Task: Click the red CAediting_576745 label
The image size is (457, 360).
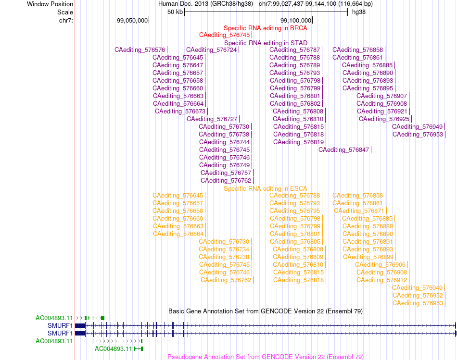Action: point(225,35)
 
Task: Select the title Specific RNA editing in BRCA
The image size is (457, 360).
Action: point(265,28)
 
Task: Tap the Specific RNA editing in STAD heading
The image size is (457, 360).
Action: point(266,43)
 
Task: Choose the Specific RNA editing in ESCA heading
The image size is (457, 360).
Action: point(265,188)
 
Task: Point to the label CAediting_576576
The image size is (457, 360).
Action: point(140,50)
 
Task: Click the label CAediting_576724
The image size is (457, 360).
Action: point(211,50)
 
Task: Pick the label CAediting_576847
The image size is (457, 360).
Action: point(343,149)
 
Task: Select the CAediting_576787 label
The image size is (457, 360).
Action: point(295,50)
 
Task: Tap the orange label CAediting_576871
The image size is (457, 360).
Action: point(359,211)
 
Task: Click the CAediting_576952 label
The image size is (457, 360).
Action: point(418,295)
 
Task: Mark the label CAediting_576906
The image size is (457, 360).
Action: point(380,264)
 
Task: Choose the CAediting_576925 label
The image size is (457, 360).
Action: point(384,119)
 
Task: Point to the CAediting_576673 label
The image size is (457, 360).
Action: point(180,111)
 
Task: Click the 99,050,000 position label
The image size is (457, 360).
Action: point(132,20)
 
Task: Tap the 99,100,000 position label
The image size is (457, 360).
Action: point(296,20)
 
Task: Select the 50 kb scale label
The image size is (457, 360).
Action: point(175,12)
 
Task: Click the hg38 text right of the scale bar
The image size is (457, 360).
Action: point(359,12)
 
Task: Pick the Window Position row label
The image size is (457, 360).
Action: point(50,4)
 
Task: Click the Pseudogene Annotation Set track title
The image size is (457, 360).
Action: point(266,357)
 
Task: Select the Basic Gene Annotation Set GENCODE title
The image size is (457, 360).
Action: point(266,311)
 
